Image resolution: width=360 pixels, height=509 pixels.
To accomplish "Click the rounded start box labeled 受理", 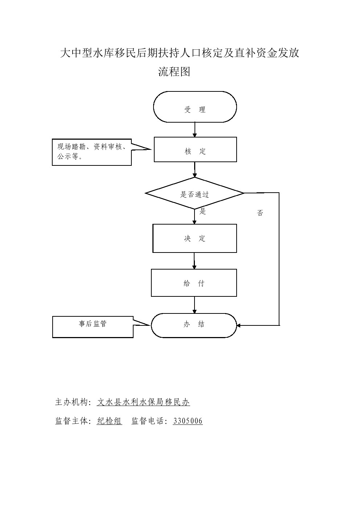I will click(195, 107).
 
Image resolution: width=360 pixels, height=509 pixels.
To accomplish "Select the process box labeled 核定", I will click(195, 149).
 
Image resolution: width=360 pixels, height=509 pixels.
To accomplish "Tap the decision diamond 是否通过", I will click(195, 193).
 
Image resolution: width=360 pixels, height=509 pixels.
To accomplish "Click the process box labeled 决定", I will click(195, 238).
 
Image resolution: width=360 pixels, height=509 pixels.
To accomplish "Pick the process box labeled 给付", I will click(194, 283).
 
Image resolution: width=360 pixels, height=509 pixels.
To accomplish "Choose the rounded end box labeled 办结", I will click(194, 325).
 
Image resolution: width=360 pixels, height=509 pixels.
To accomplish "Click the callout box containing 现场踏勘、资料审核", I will click(91, 152).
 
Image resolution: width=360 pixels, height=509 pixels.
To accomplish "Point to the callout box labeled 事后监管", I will click(93, 327).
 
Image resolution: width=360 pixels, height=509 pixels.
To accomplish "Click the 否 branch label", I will click(260, 213).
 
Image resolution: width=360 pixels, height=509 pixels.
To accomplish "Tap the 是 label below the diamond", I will click(202, 212).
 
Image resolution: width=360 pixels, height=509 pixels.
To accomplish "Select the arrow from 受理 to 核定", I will click(195, 130).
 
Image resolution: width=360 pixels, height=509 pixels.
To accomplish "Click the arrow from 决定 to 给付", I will click(194, 261).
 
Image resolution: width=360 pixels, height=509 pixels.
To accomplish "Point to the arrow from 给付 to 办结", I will click(195, 305).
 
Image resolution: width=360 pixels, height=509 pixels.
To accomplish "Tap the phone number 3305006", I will click(188, 421).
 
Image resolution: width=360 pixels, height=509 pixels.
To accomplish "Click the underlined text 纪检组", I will click(109, 421).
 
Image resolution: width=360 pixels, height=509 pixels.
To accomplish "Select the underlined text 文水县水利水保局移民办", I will click(143, 402).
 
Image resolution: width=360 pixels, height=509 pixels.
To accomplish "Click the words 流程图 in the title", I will click(174, 72).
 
